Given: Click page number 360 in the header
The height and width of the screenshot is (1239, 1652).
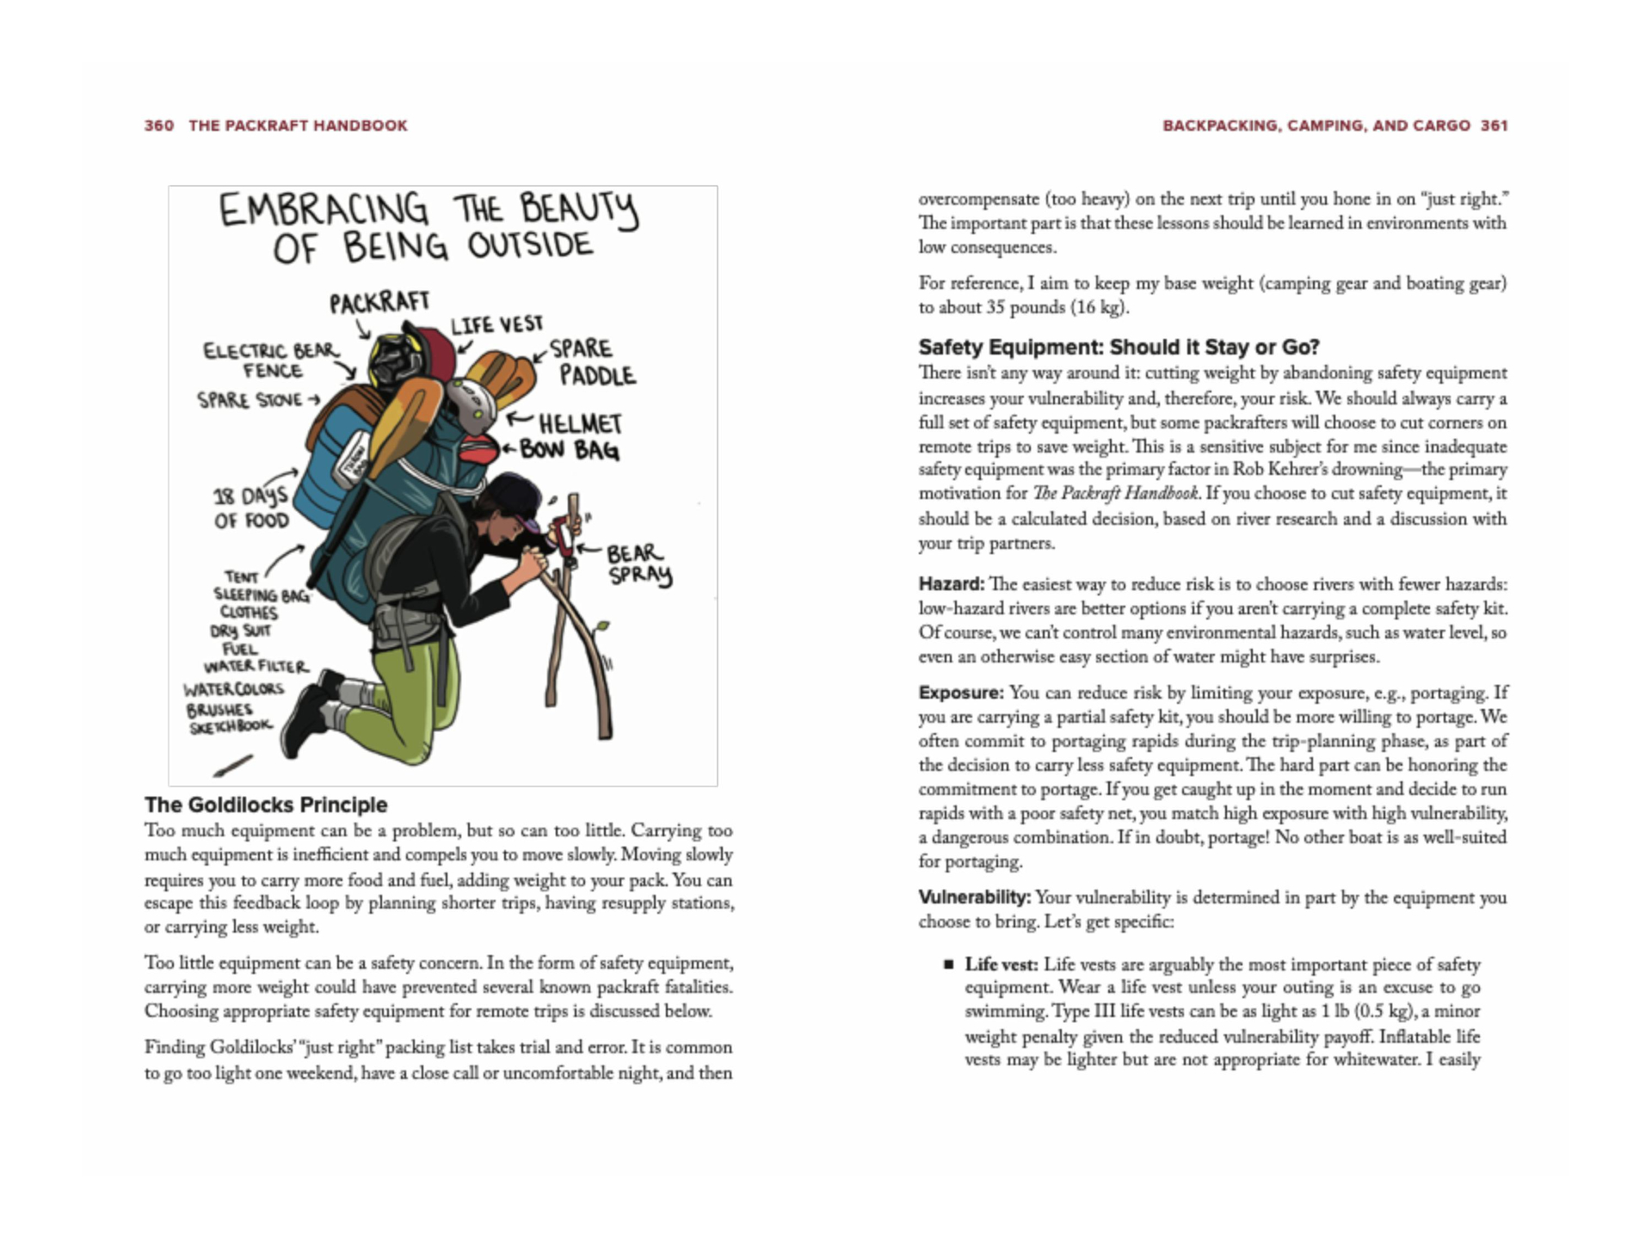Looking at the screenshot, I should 159,126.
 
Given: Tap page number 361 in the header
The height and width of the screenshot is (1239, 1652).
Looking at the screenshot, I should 1494,126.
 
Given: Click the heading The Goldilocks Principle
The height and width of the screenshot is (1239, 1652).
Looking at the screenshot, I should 266,804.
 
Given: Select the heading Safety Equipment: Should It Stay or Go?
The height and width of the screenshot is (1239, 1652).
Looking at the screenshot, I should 1118,347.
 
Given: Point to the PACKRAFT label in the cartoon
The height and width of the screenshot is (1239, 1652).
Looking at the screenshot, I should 379,302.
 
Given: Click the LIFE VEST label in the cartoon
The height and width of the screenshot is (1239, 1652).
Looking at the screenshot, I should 497,325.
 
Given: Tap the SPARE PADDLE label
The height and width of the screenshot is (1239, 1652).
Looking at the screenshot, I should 591,362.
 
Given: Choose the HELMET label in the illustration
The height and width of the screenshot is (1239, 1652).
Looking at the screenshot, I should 580,423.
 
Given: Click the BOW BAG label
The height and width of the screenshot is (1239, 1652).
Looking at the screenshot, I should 569,450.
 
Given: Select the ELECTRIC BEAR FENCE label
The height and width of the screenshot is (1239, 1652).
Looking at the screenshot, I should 271,361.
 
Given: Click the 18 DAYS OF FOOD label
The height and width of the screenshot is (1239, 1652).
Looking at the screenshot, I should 251,509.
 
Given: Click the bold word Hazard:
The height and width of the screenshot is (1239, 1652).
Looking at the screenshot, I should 951,584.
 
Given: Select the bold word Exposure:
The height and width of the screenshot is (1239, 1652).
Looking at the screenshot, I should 960,693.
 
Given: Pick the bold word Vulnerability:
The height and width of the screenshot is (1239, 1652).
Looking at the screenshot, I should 974,897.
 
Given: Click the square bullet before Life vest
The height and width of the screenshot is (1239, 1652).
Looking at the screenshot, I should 948,965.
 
